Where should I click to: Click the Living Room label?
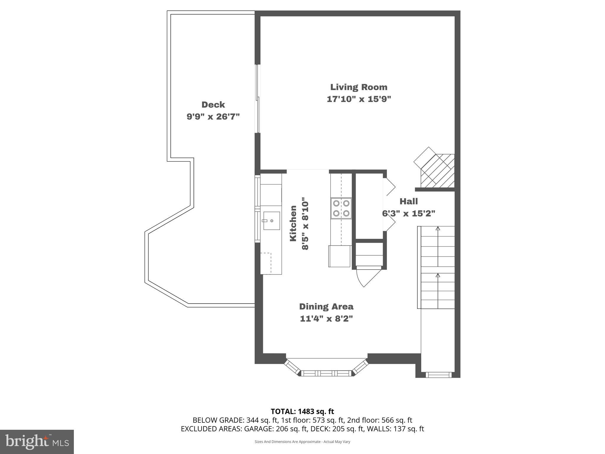point(359,87)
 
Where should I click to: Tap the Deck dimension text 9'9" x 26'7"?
point(213,117)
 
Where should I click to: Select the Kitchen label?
point(293,223)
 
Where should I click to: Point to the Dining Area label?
point(326,307)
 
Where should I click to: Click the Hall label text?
point(409,202)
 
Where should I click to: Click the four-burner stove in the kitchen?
point(341,208)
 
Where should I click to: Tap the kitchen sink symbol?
point(271,220)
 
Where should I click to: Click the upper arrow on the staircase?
point(438,228)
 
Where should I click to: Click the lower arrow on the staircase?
point(438,275)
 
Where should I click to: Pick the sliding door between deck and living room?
point(258,99)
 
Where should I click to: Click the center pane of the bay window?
point(326,374)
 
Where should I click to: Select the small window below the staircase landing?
point(438,375)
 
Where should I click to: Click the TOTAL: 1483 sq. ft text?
point(302,411)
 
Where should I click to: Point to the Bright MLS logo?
point(37,442)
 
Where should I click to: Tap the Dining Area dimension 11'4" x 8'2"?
point(326,319)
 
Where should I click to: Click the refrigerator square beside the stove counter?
point(339,256)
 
